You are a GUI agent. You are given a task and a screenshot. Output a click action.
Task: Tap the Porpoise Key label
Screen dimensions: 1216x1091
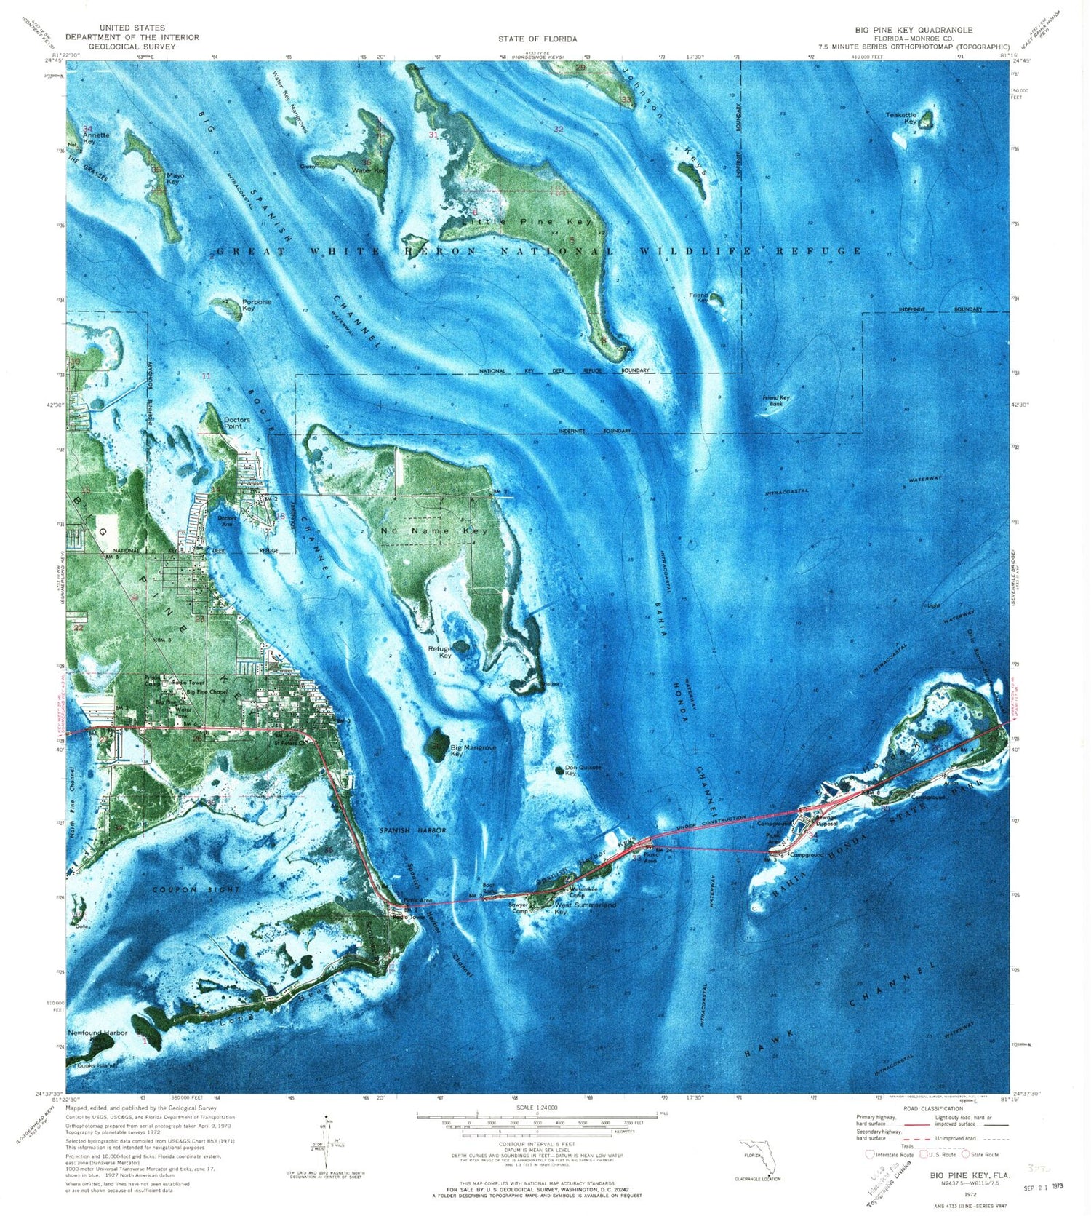click(x=257, y=305)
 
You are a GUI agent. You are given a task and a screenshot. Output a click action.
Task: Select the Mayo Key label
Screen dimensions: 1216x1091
click(x=174, y=178)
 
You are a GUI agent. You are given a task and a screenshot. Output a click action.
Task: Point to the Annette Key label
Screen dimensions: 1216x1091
click(x=95, y=138)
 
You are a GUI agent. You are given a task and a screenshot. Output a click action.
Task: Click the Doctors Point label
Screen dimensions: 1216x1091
click(x=236, y=422)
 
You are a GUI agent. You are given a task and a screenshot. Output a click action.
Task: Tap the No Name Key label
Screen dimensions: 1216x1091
click(x=434, y=530)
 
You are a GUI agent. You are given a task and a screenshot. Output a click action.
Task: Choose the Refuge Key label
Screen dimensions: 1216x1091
click(x=441, y=651)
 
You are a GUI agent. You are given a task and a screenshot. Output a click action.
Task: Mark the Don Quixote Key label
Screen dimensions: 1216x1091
click(x=582, y=770)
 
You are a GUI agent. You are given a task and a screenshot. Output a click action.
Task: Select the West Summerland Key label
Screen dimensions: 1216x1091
click(x=585, y=907)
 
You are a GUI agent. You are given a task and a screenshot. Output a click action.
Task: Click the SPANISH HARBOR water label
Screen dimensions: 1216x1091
click(x=412, y=830)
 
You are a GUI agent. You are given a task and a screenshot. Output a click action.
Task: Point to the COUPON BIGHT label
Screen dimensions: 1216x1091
click(x=185, y=889)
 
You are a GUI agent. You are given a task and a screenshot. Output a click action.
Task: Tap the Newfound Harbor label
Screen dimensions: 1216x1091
click(x=97, y=1033)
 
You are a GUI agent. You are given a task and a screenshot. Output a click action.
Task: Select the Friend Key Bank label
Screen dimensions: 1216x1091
click(x=775, y=400)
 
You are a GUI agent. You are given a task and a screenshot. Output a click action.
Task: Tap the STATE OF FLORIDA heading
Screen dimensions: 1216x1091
click(x=537, y=39)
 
